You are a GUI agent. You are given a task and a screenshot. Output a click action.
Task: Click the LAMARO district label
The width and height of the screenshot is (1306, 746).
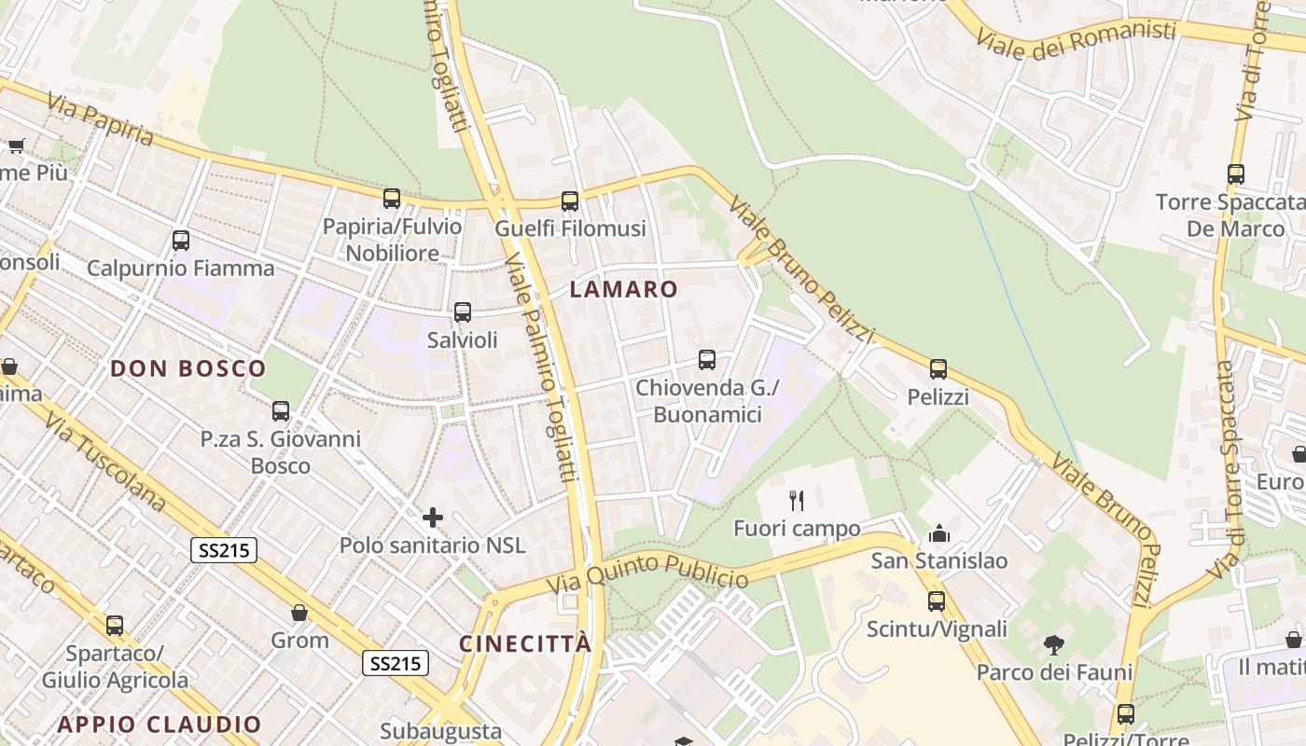[623, 289]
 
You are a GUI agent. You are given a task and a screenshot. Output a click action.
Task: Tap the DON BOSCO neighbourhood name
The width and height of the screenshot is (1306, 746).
[188, 368]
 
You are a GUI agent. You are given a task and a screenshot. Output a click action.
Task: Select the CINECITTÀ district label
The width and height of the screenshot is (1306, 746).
[525, 644]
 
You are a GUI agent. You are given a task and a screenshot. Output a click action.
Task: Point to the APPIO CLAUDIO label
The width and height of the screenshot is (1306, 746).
[160, 725]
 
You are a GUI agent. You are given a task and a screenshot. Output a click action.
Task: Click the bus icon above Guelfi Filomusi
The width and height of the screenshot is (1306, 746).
[570, 200]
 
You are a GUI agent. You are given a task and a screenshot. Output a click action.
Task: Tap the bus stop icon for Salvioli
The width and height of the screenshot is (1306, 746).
[462, 312]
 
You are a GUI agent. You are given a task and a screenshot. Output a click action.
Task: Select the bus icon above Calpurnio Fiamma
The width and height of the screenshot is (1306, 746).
[181, 241]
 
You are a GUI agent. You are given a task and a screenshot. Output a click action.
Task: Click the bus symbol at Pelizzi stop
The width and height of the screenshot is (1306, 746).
[938, 369]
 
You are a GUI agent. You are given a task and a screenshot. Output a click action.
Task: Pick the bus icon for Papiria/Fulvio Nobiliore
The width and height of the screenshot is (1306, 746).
[392, 198]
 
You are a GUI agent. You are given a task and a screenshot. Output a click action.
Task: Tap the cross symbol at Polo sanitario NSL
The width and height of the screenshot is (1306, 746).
[433, 517]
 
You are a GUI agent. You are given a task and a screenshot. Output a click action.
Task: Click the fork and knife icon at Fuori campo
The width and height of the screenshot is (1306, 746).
[797, 501]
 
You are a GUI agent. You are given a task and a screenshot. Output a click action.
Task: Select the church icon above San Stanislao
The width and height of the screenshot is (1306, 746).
[938, 533]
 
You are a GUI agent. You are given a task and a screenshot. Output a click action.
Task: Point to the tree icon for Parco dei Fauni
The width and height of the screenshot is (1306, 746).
[1054, 644]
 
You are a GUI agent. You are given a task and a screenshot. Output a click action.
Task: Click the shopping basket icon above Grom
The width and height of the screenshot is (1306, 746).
[299, 613]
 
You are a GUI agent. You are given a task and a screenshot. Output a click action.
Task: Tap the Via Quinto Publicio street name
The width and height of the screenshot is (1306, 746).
[647, 573]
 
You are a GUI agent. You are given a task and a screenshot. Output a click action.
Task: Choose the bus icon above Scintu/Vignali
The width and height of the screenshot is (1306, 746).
[937, 601]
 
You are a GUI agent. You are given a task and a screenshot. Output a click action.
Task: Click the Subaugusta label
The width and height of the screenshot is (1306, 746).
[441, 731]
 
